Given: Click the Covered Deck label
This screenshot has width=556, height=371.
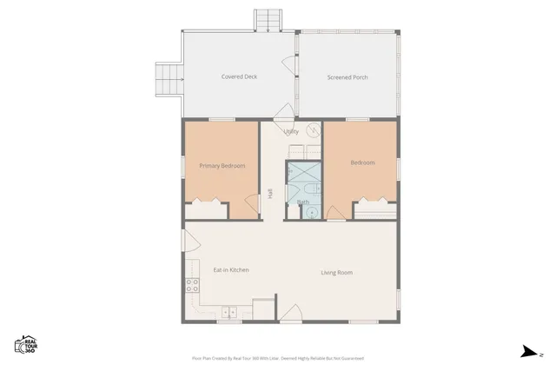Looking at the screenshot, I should click(239, 77).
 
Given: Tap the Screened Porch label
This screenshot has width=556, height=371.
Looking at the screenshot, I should click(347, 77).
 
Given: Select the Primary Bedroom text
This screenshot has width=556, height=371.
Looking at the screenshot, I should click(222, 166).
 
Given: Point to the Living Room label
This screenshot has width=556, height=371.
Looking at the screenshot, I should click(336, 273).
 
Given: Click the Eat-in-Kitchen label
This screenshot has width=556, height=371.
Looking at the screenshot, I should click(231, 270).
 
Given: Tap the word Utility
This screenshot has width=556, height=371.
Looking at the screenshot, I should click(291, 132).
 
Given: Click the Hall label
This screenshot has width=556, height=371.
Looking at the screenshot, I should click(271, 194).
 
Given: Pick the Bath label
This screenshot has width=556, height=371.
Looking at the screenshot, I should click(303, 202).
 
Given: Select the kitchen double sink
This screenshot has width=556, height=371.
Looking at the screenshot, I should click(228, 313).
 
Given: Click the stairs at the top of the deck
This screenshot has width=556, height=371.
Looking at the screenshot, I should click(268, 20).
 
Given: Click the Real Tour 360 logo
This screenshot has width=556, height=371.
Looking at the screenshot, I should click(25, 344).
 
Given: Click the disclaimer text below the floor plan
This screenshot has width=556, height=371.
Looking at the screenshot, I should click(278, 358).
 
